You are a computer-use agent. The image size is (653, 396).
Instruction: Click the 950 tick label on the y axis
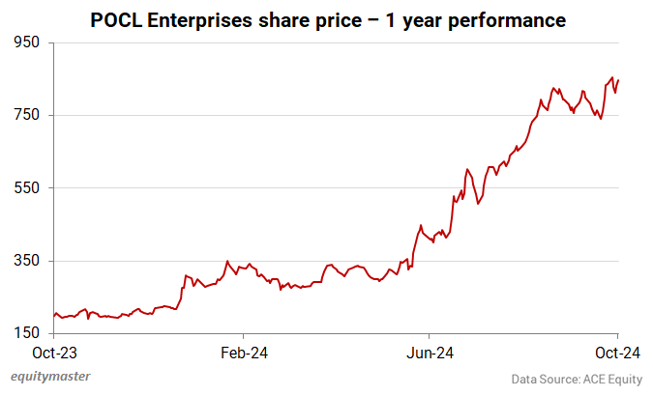click(x=25, y=42)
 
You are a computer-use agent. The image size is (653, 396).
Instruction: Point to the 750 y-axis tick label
click(x=25, y=115)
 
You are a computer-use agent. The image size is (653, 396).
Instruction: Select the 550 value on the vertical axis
click(x=25, y=187)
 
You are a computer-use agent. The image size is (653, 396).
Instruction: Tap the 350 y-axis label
click(x=25, y=261)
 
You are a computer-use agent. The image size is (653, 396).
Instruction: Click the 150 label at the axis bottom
click(x=25, y=333)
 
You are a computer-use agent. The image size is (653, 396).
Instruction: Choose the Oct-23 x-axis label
click(x=54, y=353)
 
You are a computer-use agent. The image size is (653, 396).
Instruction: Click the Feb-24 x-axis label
click(x=243, y=353)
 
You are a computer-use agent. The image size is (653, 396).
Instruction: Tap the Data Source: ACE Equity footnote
click(x=577, y=380)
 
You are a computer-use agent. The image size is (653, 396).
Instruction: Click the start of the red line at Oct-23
click(x=54, y=316)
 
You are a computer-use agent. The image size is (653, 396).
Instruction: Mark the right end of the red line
click(x=619, y=79)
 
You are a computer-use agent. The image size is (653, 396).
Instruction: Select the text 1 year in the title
click(x=419, y=19)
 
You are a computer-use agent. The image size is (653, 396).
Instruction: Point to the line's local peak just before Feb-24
click(x=227, y=261)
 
